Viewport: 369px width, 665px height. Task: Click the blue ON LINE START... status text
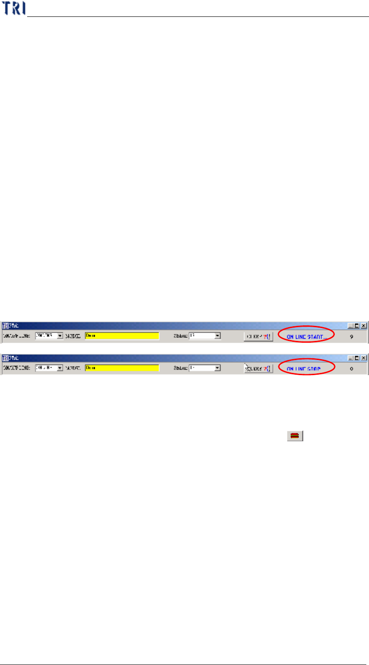[x=307, y=337]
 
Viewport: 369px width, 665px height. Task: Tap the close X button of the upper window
[x=364, y=325]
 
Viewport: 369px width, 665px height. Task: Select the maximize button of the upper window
[x=357, y=325]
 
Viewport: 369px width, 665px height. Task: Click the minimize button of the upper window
[x=351, y=325]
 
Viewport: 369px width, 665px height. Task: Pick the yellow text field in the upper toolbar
[x=122, y=336]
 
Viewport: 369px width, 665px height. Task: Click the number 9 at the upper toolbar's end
[x=352, y=337]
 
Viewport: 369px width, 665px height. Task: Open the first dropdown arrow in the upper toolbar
[x=60, y=336]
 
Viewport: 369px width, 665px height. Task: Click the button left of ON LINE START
[x=258, y=336]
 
